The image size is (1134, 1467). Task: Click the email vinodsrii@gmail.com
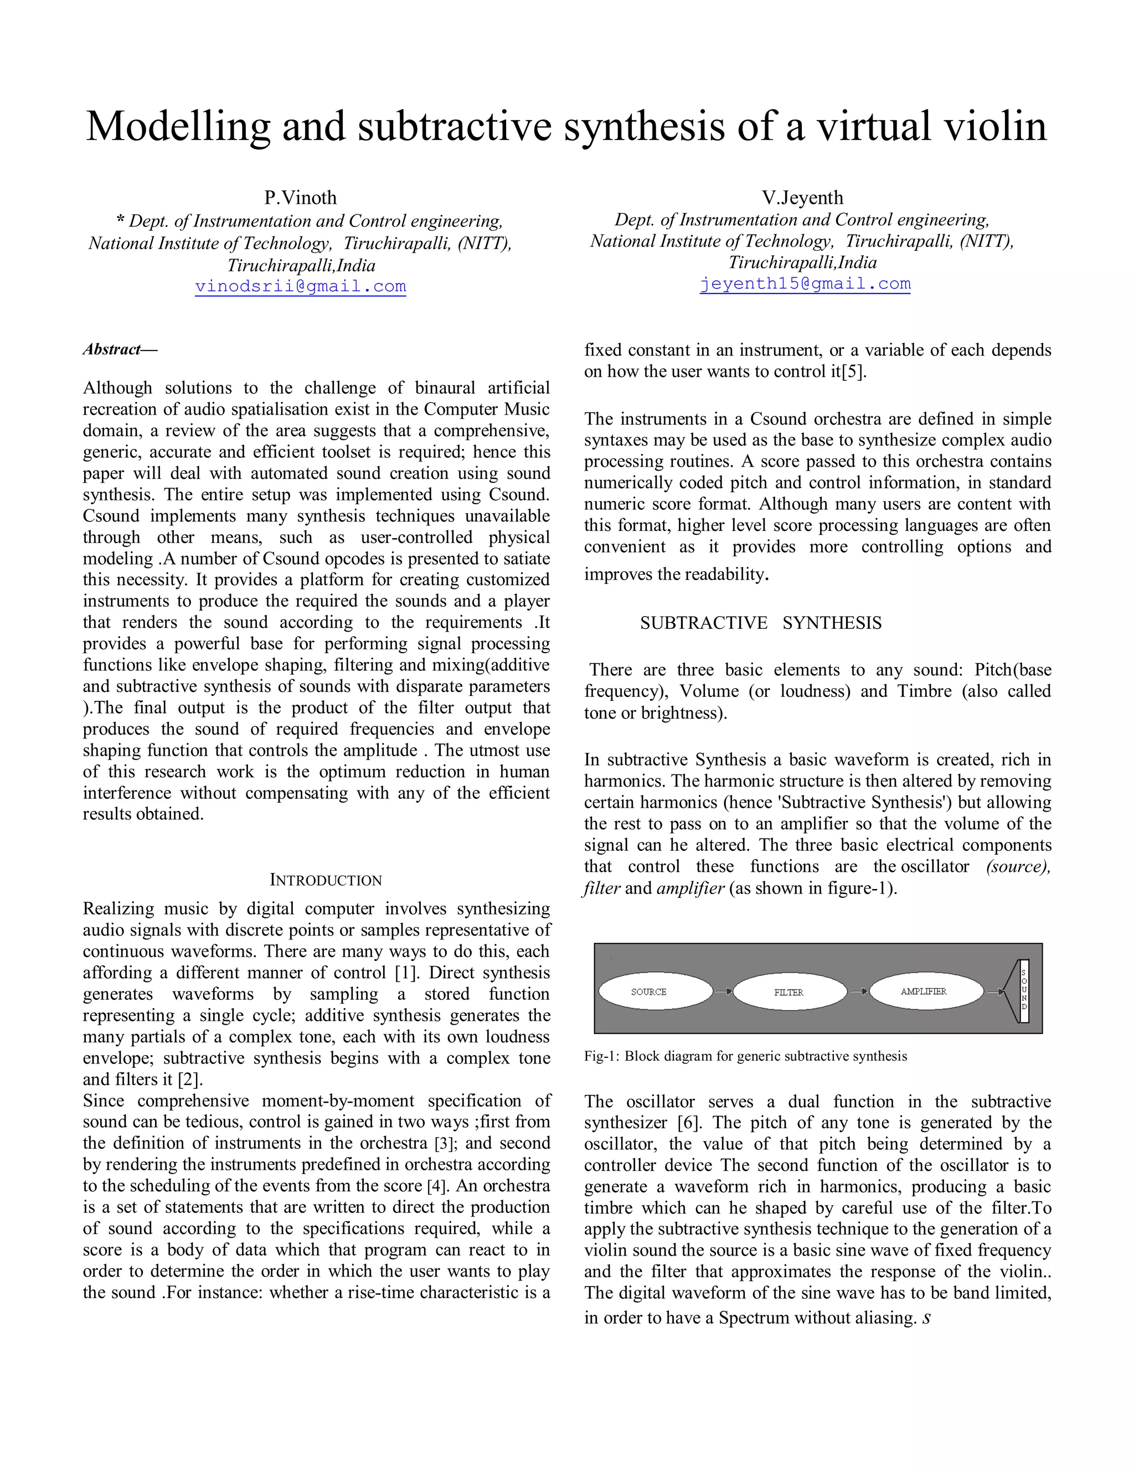[300, 287]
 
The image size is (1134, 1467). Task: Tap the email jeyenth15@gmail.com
[805, 283]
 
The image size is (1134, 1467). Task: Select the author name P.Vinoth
[300, 198]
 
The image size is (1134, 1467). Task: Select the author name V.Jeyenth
[802, 198]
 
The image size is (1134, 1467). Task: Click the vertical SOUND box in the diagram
[1023, 991]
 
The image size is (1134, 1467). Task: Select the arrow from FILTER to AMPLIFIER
[859, 991]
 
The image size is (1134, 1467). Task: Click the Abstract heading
[120, 349]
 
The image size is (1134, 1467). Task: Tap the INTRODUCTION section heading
[326, 880]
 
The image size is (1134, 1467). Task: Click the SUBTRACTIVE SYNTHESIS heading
[760, 623]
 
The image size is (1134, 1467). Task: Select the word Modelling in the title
[178, 126]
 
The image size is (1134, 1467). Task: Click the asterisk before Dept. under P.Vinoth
[120, 221]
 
